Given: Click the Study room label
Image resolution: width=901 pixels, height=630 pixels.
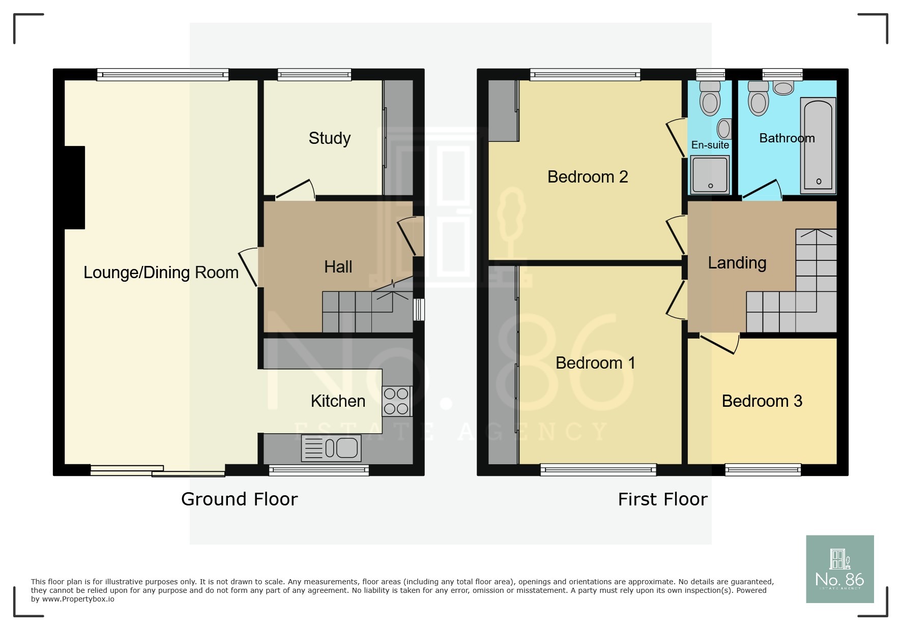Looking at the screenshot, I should [329, 138].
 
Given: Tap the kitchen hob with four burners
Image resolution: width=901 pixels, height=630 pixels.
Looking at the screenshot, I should [396, 401].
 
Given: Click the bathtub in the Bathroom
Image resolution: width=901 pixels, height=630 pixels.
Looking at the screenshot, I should [818, 145].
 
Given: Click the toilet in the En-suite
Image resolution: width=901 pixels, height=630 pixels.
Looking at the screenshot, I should [710, 99].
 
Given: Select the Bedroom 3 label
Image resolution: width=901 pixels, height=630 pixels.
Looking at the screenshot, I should [762, 401].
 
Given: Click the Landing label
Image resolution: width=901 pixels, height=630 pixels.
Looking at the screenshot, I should [737, 263].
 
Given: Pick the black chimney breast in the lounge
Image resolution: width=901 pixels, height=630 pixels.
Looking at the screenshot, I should [74, 187].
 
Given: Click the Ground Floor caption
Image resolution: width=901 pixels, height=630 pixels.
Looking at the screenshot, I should [239, 499].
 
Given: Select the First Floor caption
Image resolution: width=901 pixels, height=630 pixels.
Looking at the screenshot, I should [662, 499].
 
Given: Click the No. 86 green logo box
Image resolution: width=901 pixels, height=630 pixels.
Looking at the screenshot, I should [839, 569].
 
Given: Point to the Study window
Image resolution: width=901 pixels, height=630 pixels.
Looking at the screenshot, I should [314, 75].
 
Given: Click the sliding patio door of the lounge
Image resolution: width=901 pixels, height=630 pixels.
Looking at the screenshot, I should [158, 471].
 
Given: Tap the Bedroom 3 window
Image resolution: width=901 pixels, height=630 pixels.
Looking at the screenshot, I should [763, 470].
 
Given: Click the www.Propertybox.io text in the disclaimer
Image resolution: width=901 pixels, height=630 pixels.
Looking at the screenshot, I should [78, 599].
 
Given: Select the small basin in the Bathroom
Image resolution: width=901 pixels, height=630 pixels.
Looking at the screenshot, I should [783, 88].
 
